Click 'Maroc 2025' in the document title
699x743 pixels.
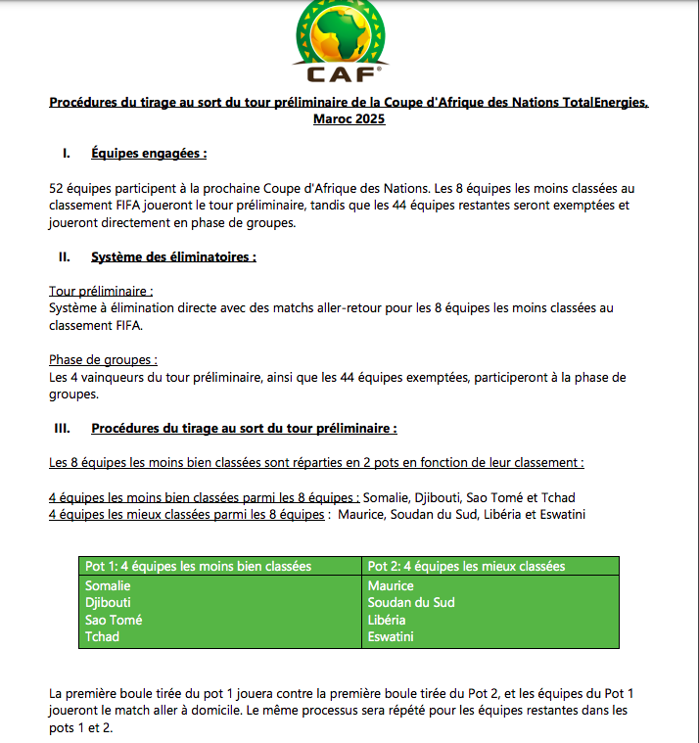(x=349, y=119)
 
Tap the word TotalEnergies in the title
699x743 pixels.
(x=592, y=103)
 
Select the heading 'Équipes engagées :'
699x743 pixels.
(x=149, y=154)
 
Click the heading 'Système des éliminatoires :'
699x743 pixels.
(x=173, y=257)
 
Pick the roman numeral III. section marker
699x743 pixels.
(x=67, y=429)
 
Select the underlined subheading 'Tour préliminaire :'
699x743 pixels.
(x=101, y=292)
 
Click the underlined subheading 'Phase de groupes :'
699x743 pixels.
(x=104, y=360)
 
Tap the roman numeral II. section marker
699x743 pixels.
(x=65, y=257)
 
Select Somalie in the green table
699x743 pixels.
(x=108, y=585)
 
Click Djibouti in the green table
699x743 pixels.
(x=108, y=602)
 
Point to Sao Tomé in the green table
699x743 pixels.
(x=114, y=620)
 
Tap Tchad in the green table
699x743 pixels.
(x=102, y=636)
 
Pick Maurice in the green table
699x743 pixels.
(x=391, y=585)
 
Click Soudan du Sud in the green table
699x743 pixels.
(x=411, y=602)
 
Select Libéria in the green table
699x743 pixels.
(x=387, y=620)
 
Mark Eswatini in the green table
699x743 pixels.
(x=391, y=636)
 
